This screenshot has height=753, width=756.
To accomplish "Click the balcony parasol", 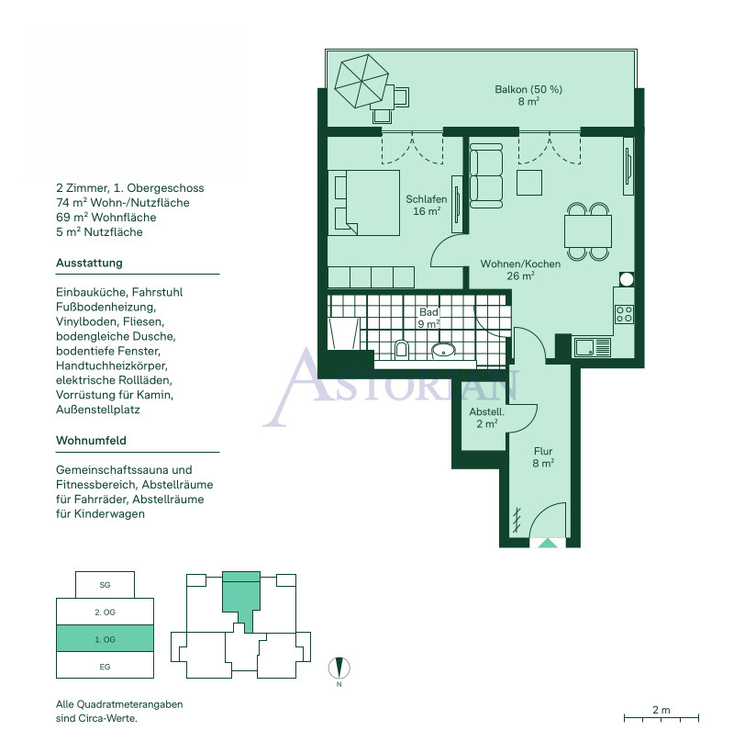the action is click(361, 81).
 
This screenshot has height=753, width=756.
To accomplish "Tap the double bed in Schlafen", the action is click(364, 203).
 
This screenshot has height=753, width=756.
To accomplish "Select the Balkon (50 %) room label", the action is click(528, 89).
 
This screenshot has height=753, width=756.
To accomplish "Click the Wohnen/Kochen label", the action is click(520, 264).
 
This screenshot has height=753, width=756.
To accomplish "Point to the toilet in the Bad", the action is click(401, 350).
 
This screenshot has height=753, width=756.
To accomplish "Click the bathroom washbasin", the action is click(443, 350).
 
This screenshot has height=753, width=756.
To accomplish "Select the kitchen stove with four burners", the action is click(624, 314).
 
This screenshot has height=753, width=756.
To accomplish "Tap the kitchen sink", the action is click(592, 347).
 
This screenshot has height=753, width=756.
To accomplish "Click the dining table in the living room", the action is click(588, 231).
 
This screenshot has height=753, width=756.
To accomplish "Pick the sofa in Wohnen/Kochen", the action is click(486, 175).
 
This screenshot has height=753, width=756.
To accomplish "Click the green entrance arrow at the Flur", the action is click(548, 543).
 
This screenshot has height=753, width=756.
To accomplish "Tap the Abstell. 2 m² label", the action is click(487, 418).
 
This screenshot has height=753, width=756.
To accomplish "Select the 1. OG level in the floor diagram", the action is click(105, 638).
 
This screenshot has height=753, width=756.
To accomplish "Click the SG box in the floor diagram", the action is click(105, 585).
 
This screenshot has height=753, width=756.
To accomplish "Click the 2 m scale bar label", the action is click(661, 710).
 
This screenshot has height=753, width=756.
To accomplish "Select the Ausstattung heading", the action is click(89, 263).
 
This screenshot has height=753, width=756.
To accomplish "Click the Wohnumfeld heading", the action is click(91, 441).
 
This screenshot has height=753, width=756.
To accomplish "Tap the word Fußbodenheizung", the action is click(106, 307).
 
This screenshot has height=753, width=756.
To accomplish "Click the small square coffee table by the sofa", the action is click(529, 183).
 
